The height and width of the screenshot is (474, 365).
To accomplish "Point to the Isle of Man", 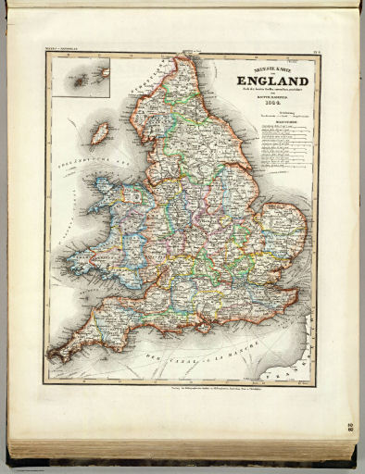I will tap(99, 132).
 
